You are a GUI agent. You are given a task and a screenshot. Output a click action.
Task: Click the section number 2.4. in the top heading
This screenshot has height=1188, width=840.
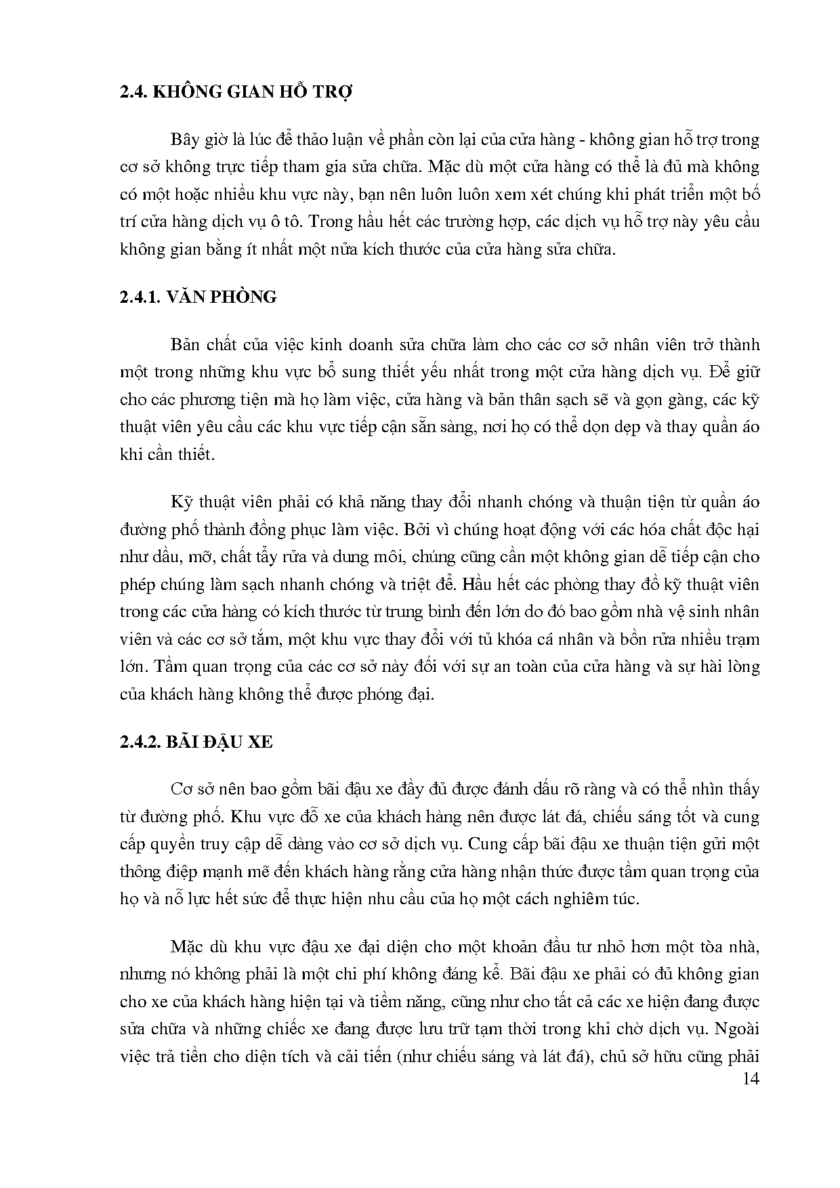[x=133, y=93]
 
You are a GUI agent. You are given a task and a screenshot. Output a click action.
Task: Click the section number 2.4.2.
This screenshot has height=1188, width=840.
[x=143, y=742]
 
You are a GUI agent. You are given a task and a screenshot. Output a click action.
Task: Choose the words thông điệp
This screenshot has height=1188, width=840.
[x=156, y=872]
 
